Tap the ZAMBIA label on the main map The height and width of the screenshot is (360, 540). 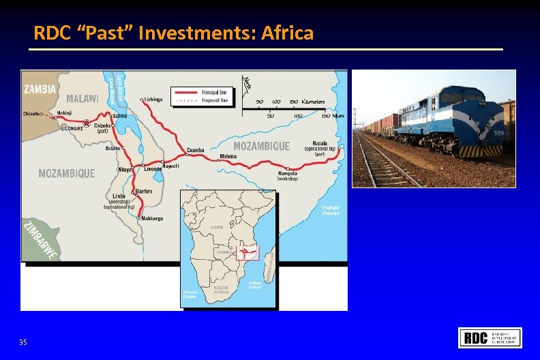tap(40, 89)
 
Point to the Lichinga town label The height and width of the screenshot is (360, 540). tap(153, 100)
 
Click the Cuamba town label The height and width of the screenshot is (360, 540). tap(196, 150)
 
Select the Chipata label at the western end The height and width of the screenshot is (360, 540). tap(31, 114)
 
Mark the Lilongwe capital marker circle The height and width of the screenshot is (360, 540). tap(86, 123)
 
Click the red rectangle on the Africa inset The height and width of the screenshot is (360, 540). tap(246, 253)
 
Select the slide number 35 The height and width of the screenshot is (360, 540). tap(23, 342)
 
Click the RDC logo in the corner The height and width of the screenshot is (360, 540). tap(490, 337)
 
